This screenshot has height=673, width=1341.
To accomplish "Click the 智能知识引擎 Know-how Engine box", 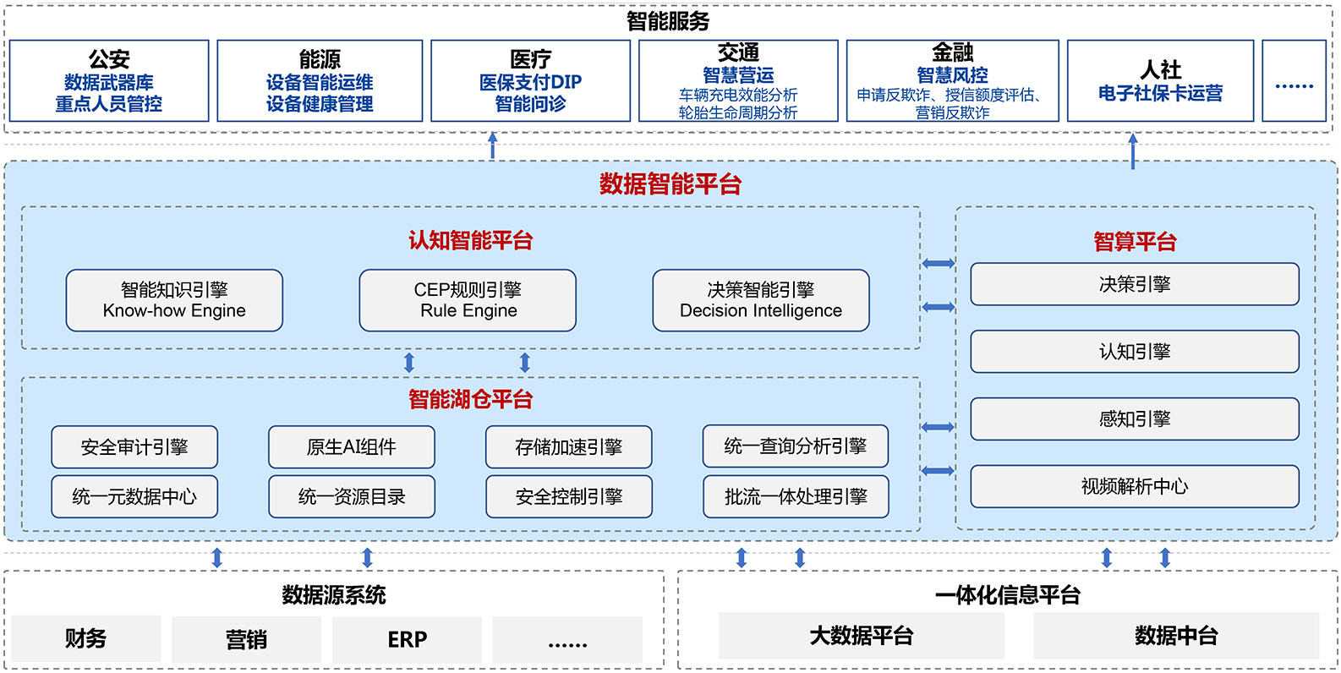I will point(174,300).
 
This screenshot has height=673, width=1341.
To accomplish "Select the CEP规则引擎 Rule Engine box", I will point(468,300).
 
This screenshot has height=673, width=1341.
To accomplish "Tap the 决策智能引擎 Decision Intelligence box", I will point(761,300).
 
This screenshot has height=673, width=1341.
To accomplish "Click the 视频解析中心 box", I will point(1135,486).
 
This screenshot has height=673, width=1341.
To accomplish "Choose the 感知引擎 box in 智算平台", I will point(1135,419).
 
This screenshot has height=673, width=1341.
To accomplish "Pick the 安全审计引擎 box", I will point(134,447).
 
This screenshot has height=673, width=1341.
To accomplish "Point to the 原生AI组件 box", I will point(352,447).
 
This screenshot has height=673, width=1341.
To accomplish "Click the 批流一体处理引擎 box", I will point(796,496).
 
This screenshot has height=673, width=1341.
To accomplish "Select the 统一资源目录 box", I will point(352,496).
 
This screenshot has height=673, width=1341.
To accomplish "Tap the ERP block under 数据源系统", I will point(407,639).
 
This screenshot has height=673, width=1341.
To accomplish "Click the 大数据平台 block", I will point(862,636).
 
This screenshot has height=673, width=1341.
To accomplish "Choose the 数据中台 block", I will point(1176,636).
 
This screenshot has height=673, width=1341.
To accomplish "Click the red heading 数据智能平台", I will point(670,183).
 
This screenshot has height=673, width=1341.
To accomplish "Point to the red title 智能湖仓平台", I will point(471,399).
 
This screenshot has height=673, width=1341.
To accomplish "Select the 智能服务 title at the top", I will point(668,21).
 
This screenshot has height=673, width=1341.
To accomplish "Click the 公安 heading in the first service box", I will point(109,59).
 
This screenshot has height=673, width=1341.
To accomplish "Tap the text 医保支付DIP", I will point(530,82).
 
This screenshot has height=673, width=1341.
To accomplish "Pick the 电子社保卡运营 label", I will point(1160,93).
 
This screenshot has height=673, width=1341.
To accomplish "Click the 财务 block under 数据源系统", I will point(86,639).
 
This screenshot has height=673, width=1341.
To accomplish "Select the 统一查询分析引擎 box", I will point(796,446).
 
